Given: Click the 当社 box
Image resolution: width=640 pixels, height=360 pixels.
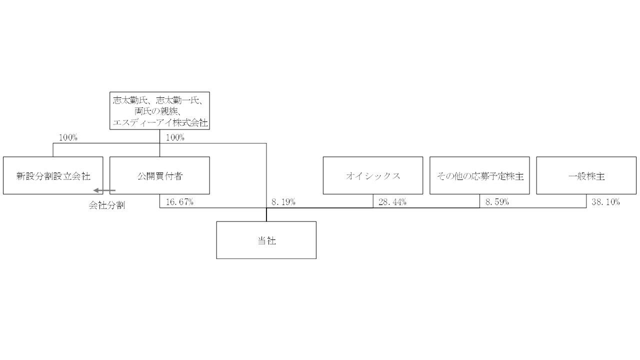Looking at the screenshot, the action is click(266, 240).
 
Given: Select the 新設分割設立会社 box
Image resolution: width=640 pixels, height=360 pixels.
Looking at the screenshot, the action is click(53, 175).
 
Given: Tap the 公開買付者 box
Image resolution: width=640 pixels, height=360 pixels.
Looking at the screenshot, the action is click(159, 175).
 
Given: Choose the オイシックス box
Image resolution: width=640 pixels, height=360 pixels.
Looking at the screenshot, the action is click(373, 175).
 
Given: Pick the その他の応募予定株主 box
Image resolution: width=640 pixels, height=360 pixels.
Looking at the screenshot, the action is click(479, 175).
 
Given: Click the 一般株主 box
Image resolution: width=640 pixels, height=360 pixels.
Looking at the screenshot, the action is click(586, 175).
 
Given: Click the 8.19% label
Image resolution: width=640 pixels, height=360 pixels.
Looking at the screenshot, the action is click(283, 202).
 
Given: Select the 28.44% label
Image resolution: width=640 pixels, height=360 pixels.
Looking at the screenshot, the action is click(392, 202).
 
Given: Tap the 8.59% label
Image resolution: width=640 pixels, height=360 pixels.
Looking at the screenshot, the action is click(497, 202).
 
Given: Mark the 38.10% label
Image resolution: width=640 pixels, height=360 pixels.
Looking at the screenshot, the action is click(605, 202).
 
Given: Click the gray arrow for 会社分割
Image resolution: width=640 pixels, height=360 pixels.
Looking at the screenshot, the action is click(104, 190).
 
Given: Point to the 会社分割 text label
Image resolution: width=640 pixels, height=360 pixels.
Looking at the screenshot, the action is click(106, 205).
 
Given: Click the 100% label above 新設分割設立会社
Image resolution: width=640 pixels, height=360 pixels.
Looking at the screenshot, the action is click(68, 137).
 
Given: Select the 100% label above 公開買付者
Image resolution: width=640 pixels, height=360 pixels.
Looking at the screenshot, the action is click(174, 137).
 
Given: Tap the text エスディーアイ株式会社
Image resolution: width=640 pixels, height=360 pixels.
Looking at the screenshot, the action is click(159, 121).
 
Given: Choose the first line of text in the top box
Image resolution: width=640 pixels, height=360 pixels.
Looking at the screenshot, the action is click(159, 100).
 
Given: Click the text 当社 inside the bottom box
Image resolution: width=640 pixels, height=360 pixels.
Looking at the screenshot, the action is click(266, 240).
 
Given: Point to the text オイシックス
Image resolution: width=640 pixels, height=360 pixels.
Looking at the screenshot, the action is click(373, 176).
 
